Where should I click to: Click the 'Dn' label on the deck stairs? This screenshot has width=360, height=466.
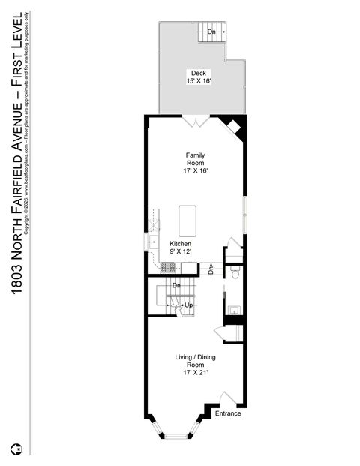click(211, 32)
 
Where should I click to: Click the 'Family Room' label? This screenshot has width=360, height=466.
click(195, 159)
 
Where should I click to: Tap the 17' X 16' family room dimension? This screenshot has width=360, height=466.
click(195, 170)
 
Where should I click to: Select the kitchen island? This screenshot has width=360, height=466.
click(187, 221)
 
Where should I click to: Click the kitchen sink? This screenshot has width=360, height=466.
click(152, 242)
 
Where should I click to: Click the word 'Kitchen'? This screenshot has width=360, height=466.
click(181, 244)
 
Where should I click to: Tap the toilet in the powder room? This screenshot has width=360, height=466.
click(234, 274)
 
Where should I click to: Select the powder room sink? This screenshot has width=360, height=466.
click(233, 308)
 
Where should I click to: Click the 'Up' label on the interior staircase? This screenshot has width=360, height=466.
click(189, 305)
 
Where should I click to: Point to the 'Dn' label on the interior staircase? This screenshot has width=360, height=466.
click(177, 285)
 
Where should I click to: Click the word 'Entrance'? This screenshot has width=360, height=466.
click(228, 413)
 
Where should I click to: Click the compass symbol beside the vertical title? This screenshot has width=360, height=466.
click(16, 450)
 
